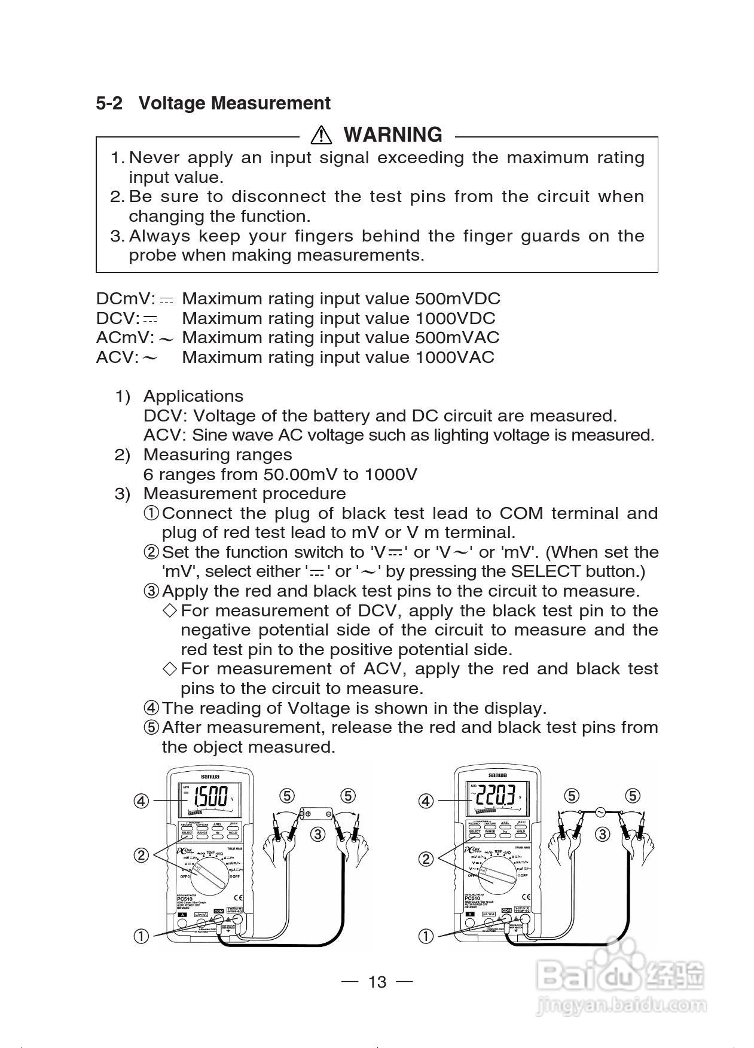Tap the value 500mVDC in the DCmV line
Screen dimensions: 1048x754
457,299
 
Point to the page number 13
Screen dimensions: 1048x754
377,982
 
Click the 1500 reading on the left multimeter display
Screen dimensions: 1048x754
210,796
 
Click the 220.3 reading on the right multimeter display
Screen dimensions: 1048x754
496,796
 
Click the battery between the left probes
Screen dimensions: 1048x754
318,814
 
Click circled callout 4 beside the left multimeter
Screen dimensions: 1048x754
141,800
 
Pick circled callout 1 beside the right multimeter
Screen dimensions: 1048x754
426,936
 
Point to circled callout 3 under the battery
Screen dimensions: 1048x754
318,834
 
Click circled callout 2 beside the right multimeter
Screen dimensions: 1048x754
426,859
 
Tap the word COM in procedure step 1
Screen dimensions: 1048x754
521,514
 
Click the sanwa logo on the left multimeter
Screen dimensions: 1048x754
210,776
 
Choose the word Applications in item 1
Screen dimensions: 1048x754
193,396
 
